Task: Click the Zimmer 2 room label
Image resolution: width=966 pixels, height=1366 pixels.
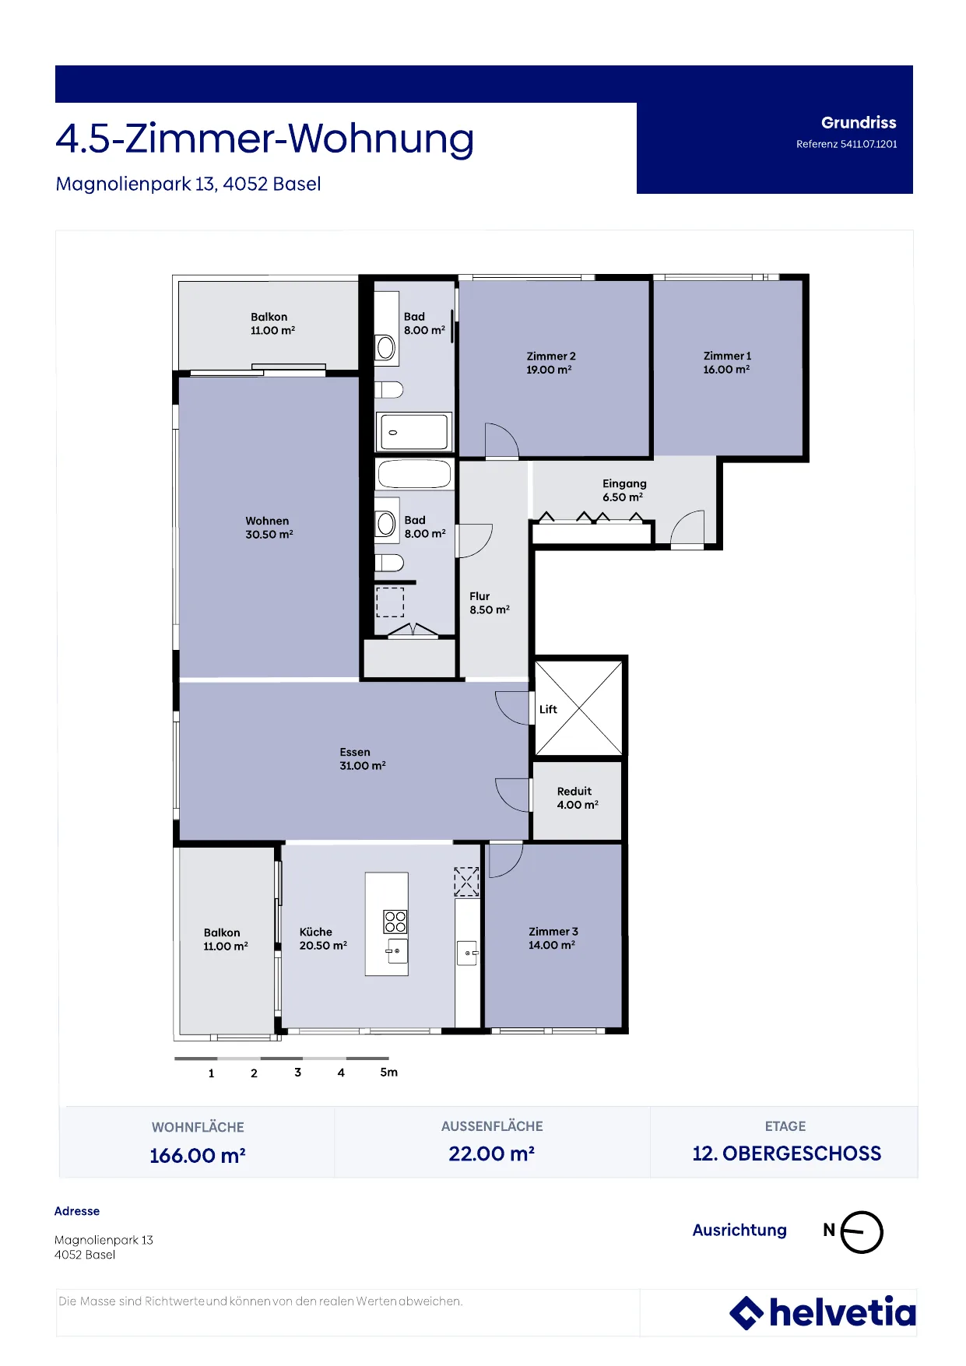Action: [551, 356]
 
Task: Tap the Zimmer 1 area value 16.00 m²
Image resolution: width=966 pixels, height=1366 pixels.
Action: [726, 370]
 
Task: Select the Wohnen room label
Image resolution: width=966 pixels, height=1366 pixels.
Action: [267, 521]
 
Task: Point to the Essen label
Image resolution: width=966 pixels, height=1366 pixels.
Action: [355, 752]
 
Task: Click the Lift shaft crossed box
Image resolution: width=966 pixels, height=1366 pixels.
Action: [579, 708]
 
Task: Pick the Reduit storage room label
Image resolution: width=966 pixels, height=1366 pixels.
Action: [574, 791]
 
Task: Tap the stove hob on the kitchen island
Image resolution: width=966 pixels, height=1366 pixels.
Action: [395, 922]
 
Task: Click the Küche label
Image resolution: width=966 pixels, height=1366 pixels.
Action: [316, 932]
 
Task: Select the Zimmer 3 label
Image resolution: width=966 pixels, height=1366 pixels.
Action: [553, 932]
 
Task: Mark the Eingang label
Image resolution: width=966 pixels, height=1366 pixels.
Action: [624, 483]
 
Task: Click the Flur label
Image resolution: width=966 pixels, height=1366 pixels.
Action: [479, 596]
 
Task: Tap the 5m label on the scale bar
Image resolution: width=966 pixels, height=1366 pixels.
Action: [389, 1072]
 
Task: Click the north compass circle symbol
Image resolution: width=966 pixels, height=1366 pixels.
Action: [862, 1232]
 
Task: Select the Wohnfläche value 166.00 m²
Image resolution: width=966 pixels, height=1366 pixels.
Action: [198, 1155]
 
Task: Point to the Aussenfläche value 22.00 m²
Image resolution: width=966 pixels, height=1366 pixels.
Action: [492, 1154]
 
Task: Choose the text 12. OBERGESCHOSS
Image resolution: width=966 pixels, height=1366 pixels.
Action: [787, 1154]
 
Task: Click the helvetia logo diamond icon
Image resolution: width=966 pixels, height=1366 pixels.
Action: [746, 1313]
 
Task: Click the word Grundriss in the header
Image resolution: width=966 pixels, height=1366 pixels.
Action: [859, 122]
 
